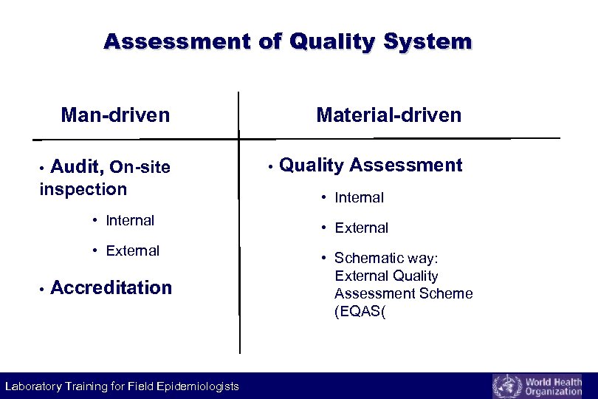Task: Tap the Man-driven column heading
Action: (x=115, y=115)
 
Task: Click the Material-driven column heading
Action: (x=388, y=115)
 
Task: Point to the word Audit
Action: (x=77, y=168)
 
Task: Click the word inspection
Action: (x=83, y=189)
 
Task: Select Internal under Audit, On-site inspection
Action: (x=129, y=220)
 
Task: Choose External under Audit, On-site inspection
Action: (x=132, y=250)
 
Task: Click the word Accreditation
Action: (x=111, y=287)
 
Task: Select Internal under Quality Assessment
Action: (x=359, y=197)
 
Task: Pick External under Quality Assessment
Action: (x=361, y=228)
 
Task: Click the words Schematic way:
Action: (x=386, y=258)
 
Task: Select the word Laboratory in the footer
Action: (x=35, y=386)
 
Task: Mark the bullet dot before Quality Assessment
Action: (x=271, y=166)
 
